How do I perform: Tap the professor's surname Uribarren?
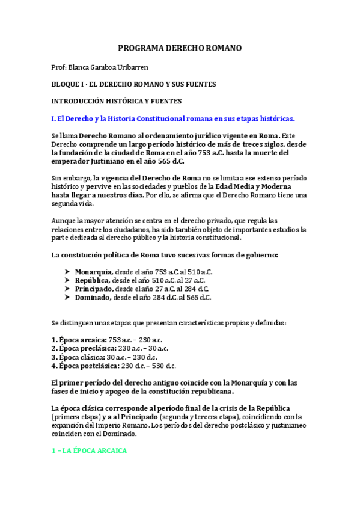coord(134,67)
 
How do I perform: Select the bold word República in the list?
coord(92,280)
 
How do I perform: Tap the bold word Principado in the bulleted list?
coord(94,289)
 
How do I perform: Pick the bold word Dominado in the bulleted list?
coord(93,297)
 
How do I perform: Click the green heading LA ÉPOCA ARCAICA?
coord(89,450)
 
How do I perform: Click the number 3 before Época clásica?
coord(54,357)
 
